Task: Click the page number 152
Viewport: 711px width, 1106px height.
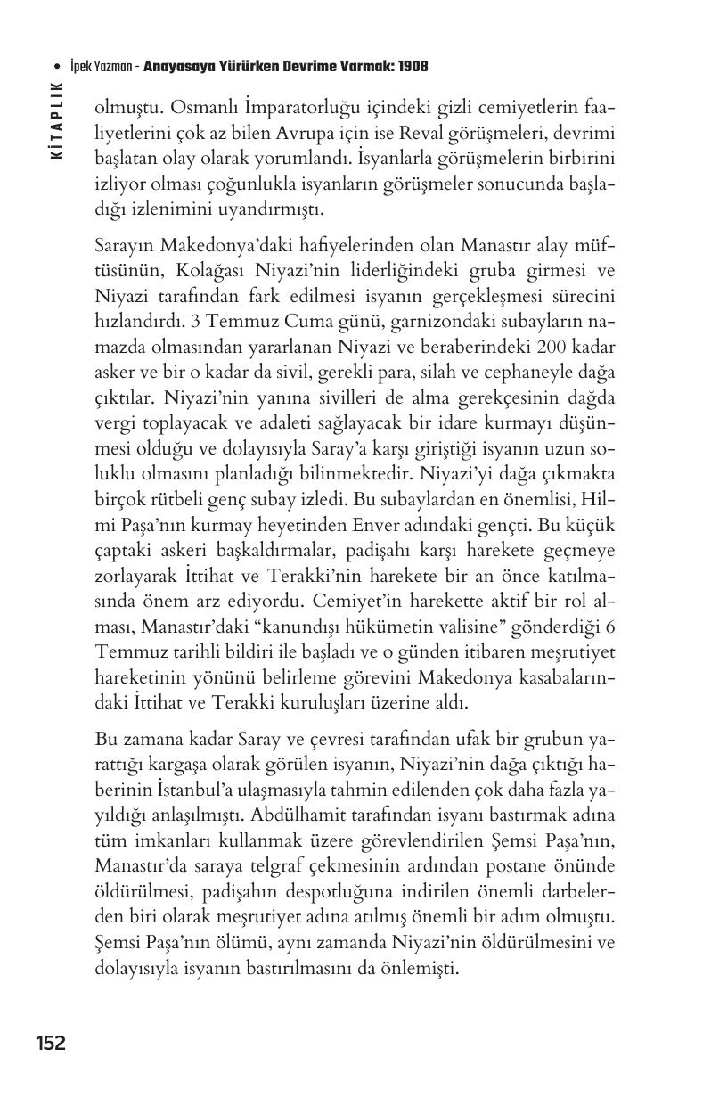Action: [51, 1042]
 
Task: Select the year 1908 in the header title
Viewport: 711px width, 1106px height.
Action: [413, 67]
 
